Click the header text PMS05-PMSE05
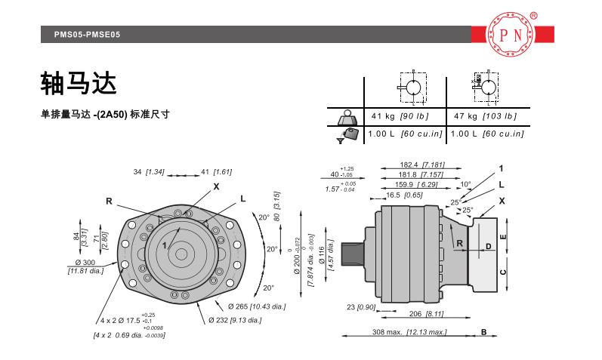[x=87, y=35]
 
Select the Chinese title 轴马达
[x=79, y=84]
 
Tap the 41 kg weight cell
[x=400, y=116]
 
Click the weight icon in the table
[x=347, y=118]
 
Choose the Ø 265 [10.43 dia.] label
[x=256, y=306]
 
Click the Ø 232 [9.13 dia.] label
[x=235, y=321]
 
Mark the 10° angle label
[x=465, y=184]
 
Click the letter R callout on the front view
[x=109, y=201]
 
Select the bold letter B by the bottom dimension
[x=484, y=331]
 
